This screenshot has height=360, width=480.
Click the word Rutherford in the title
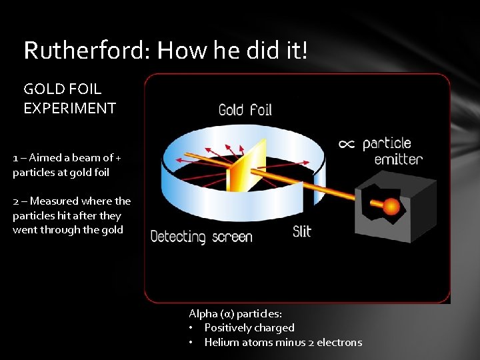[79, 49]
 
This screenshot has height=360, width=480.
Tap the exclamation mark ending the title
[304, 49]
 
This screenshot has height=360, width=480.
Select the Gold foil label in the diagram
[245, 109]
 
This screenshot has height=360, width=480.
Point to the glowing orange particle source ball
[391, 207]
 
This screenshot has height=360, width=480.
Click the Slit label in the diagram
[301, 231]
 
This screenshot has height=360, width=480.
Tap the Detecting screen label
[201, 236]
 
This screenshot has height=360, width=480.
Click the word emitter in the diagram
[398, 159]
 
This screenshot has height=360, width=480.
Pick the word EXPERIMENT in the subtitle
[70, 108]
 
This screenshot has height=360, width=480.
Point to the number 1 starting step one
[15, 158]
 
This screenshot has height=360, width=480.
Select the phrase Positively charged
[249, 327]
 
